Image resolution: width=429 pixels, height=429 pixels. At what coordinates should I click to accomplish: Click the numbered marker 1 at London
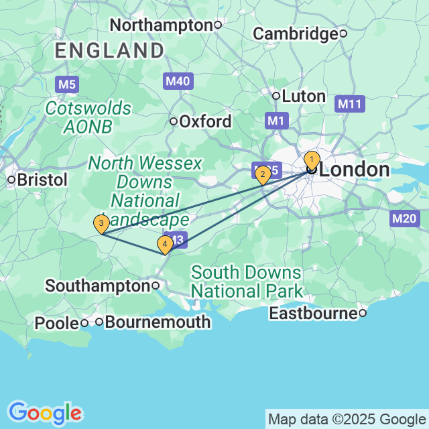pos(312,160)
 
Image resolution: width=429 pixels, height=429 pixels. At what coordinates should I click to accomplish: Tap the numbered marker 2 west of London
pos(263,176)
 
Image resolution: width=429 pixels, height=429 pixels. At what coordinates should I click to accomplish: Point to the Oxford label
pos(205,122)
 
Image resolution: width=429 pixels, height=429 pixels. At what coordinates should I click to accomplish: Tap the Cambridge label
pos(296,34)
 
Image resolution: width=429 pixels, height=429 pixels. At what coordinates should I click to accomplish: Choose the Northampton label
pos(161,25)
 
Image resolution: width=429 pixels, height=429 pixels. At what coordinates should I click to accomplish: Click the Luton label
pos(304,96)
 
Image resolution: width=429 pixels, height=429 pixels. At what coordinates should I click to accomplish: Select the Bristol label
pos(42,180)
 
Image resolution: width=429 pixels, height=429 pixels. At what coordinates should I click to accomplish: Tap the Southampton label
pos(97,286)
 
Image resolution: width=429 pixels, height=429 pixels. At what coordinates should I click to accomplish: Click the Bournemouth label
pos(158,322)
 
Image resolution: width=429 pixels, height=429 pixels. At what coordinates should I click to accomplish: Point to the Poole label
pos(56,323)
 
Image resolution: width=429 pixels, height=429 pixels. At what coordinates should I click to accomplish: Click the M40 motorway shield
pos(178,82)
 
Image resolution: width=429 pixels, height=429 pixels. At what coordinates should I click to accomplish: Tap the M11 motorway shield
pos(350,104)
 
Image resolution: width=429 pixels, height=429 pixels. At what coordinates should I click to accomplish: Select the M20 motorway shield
pos(404,218)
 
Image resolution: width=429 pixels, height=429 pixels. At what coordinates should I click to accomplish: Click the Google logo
pos(45,412)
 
